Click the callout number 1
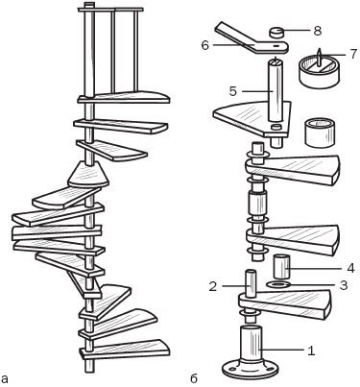pyautogui.click(x=311, y=351)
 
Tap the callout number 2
pyautogui.click(x=213, y=286)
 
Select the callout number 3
pyautogui.click(x=343, y=285)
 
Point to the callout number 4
pyautogui.click(x=350, y=268)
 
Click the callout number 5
pyautogui.click(x=232, y=91)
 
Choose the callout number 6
pyautogui.click(x=204, y=45)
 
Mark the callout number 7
pyautogui.click(x=353, y=54)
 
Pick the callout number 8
pyautogui.click(x=317, y=31)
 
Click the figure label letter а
pyautogui.click(x=5, y=379)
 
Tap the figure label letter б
pyautogui.click(x=194, y=378)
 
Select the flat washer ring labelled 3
pyautogui.click(x=278, y=284)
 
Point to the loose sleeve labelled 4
pyautogui.click(x=282, y=266)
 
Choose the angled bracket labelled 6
pyautogui.click(x=252, y=40)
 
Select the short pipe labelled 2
pyautogui.click(x=252, y=283)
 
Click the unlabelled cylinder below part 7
pyautogui.click(x=320, y=133)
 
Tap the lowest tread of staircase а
pyautogui.click(x=125, y=350)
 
